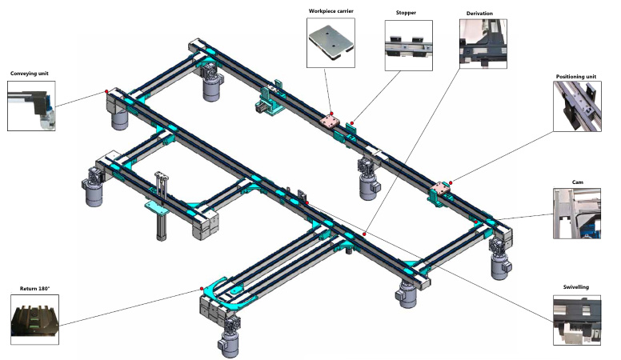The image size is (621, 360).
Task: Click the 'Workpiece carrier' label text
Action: [x=331, y=12]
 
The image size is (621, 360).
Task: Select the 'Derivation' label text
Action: [x=479, y=14]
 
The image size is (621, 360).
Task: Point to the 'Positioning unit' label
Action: [x=576, y=77]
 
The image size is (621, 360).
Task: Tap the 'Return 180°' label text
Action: [x=35, y=287]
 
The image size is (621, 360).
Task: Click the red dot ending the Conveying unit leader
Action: [x=106, y=92]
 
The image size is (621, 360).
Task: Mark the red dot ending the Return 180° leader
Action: [x=202, y=290]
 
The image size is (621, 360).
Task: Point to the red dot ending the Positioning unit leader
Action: [x=451, y=182]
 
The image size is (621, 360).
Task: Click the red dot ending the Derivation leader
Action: [x=363, y=234]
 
